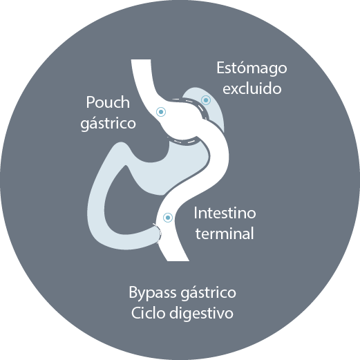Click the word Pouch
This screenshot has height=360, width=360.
tap(108, 102)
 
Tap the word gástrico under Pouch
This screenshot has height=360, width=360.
tap(108, 124)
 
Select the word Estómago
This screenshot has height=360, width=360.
tap(252, 68)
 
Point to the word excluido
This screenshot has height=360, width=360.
tap(252, 88)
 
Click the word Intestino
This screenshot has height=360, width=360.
tap(225, 213)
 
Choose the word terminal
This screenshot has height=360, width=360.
tap(225, 234)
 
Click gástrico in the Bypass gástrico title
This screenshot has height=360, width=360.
tap(209, 293)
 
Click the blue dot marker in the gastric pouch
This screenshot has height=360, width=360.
tap(161, 112)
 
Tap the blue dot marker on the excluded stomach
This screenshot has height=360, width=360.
tap(206, 100)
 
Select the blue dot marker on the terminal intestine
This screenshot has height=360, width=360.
tap(168, 218)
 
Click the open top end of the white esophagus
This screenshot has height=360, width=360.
tap(141, 60)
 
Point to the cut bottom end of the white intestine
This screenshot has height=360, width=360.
tap(178, 260)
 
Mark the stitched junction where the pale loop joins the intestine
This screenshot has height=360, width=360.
tap(158, 233)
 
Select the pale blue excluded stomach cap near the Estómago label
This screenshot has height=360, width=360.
tap(209, 106)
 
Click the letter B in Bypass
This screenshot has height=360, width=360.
tap(133, 292)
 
